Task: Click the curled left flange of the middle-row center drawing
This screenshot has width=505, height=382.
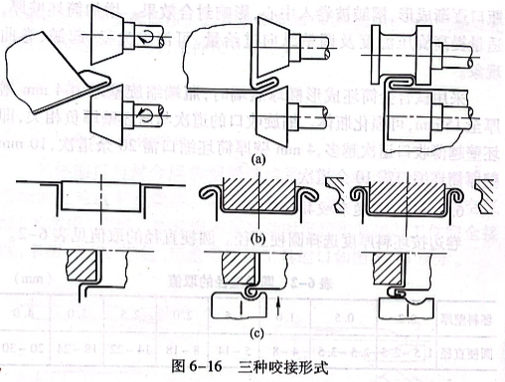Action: (x=212, y=192)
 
